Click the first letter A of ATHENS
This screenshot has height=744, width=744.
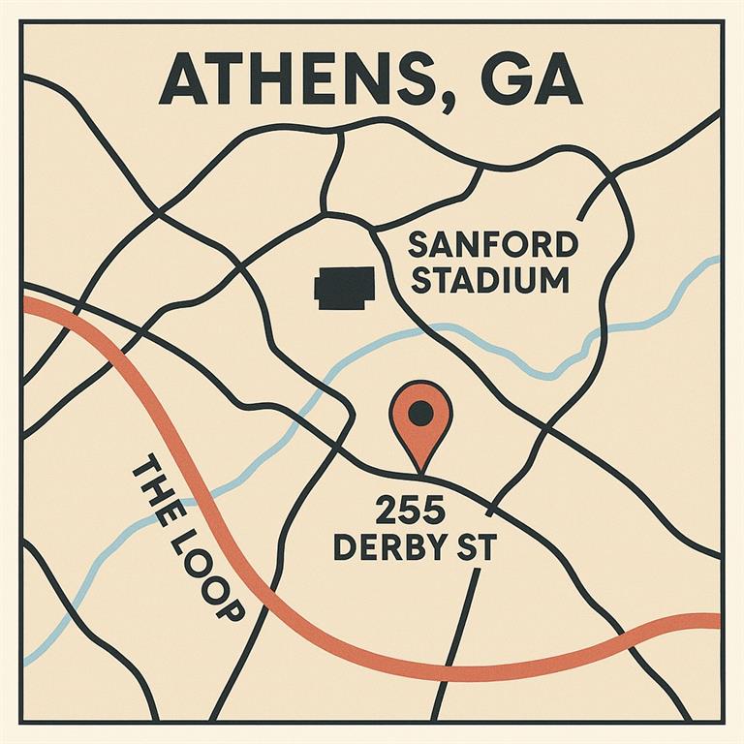pyautogui.click(x=184, y=80)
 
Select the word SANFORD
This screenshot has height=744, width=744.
pyautogui.click(x=494, y=244)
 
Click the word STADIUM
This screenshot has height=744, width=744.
pyautogui.click(x=495, y=282)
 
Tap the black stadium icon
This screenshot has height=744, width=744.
pyautogui.click(x=343, y=288)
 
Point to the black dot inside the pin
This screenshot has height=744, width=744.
pyautogui.click(x=420, y=414)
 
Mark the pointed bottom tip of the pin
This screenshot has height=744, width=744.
pyautogui.click(x=420, y=473)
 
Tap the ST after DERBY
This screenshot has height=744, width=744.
pyautogui.click(x=476, y=547)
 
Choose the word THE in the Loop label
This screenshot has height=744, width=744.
pyautogui.click(x=155, y=489)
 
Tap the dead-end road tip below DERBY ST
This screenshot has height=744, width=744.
pyautogui.click(x=478, y=571)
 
